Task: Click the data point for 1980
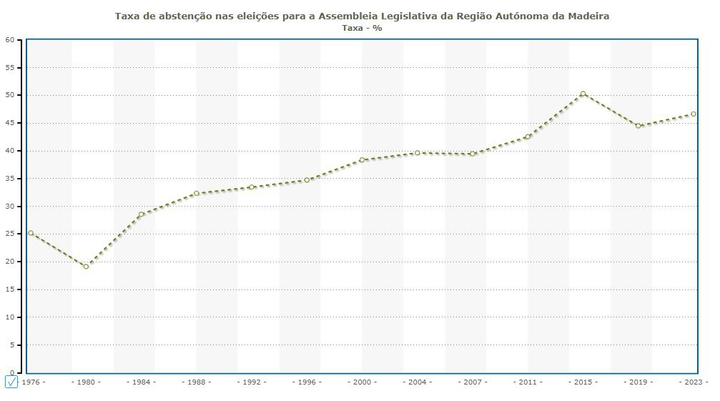click(86, 267)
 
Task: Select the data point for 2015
click(583, 94)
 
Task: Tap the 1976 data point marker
click(31, 233)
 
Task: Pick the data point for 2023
click(693, 114)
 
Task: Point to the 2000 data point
click(362, 159)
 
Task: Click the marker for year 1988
click(196, 193)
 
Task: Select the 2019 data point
click(638, 126)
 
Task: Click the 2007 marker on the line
click(473, 154)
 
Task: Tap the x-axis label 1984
click(141, 382)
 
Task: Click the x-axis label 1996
click(307, 382)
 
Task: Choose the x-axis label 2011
click(528, 382)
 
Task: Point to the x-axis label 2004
click(417, 382)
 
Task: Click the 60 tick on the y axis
click(10, 40)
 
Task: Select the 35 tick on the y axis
click(10, 179)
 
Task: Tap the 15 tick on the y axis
click(10, 289)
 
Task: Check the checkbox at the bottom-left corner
click(11, 382)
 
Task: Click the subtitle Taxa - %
click(362, 28)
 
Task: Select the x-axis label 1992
click(252, 382)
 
